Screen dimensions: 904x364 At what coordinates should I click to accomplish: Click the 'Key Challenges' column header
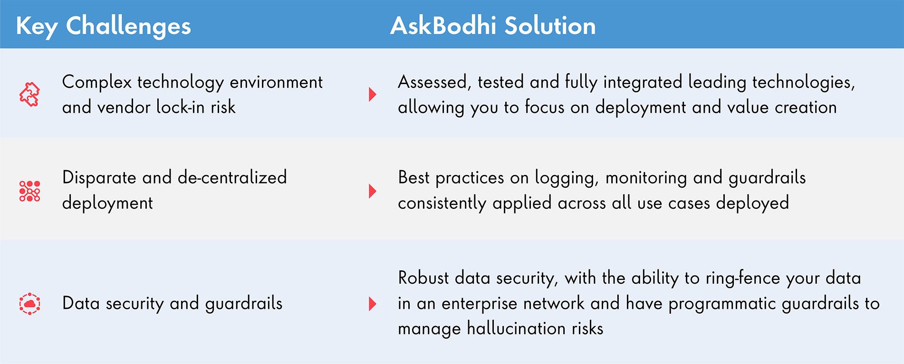[103, 27]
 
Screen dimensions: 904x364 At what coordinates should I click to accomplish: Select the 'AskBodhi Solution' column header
[493, 26]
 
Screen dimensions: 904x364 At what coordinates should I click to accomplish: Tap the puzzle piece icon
[29, 94]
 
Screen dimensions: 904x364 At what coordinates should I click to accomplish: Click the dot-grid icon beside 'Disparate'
[29, 191]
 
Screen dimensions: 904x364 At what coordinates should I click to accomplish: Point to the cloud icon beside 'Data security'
[29, 304]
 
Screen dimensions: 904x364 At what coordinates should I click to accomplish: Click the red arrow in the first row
[373, 94]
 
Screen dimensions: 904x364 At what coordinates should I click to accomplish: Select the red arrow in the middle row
[373, 191]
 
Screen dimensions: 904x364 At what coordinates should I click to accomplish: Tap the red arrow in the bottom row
[373, 304]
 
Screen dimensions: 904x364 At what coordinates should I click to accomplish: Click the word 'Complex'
[97, 83]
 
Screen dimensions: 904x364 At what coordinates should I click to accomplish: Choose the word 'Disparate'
[99, 178]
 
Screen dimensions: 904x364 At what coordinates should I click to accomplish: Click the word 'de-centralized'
[232, 178]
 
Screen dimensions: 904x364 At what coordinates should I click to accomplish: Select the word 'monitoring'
[646, 178]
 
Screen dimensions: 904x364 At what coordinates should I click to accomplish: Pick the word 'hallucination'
[516, 328]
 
